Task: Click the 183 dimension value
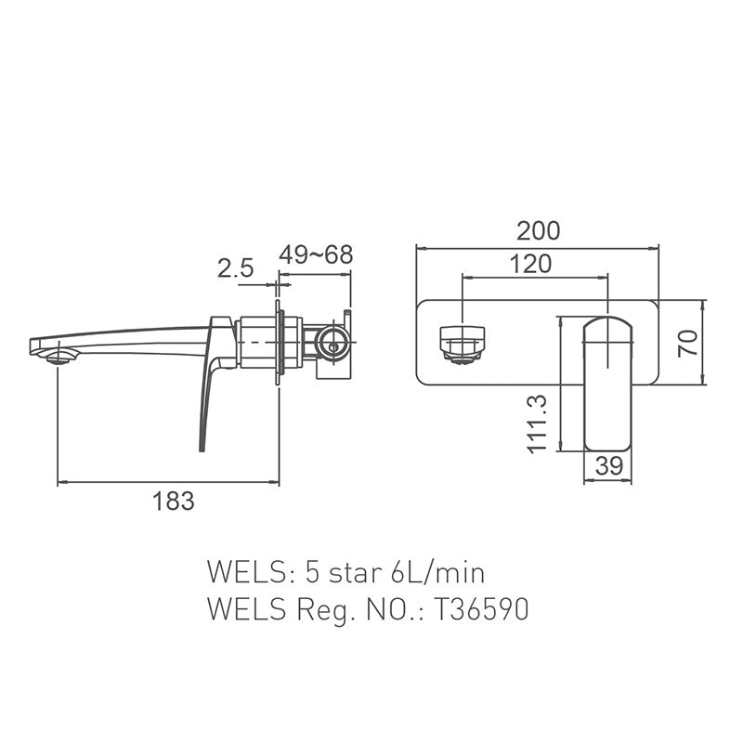[174, 502]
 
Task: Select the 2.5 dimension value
[235, 269]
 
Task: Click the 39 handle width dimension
[608, 466]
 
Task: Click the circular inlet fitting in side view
[332, 344]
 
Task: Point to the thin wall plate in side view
[278, 342]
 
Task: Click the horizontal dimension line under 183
[167, 482]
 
